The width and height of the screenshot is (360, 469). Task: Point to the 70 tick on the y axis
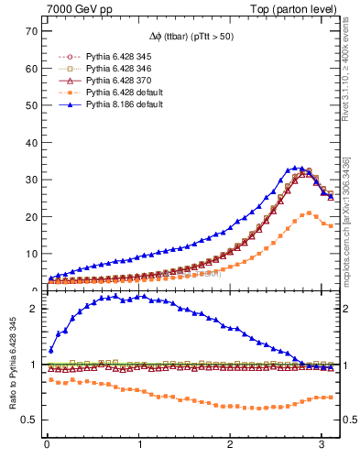(x=32, y=30)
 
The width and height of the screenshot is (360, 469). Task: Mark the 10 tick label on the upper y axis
(x=32, y=254)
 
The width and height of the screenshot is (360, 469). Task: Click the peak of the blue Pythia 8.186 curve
(x=296, y=168)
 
